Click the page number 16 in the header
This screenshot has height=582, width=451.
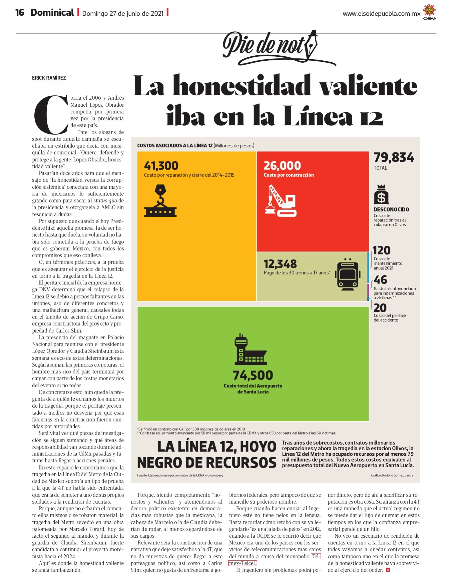click(20, 12)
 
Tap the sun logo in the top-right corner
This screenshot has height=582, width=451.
click(429, 12)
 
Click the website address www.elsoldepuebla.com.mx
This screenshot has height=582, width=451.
click(381, 14)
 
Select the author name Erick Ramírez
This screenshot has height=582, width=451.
click(49, 78)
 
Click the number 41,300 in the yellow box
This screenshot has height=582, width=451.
click(161, 166)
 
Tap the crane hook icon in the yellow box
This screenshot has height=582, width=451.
click(160, 200)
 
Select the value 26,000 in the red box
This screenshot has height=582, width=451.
click(282, 166)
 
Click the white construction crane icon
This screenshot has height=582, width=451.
click(281, 201)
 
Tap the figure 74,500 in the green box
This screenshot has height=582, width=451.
click(253, 375)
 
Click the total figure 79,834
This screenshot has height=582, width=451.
click(394, 157)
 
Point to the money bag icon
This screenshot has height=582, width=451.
click(381, 194)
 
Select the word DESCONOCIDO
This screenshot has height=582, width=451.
click(391, 209)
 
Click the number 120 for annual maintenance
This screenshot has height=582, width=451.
click(382, 251)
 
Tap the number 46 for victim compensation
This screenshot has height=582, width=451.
click(381, 280)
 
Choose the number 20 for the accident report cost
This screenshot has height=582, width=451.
click(380, 308)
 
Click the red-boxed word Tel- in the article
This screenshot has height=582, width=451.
click(316, 556)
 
